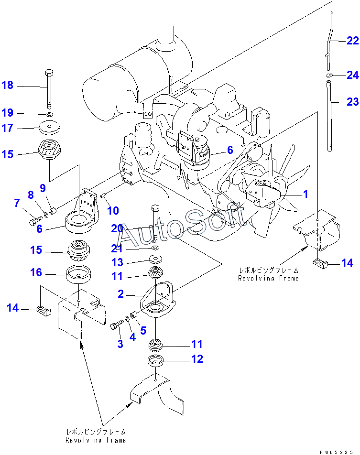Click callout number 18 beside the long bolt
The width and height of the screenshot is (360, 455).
tap(8, 86)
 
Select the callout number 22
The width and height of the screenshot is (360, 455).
tap(352, 41)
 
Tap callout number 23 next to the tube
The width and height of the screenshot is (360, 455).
tap(352, 101)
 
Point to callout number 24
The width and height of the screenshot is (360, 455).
tap(352, 75)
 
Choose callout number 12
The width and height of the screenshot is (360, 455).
tap(197, 359)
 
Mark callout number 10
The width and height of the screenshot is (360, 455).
tap(113, 211)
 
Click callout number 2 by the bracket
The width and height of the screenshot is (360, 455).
tap(121, 294)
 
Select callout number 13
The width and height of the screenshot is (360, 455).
tap(118, 262)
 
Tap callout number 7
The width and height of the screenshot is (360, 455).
tap(17, 203)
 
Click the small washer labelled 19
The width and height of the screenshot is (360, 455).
tap(50, 115)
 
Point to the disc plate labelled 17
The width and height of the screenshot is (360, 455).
tap(50, 128)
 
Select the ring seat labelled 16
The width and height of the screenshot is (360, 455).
tap(79, 276)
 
